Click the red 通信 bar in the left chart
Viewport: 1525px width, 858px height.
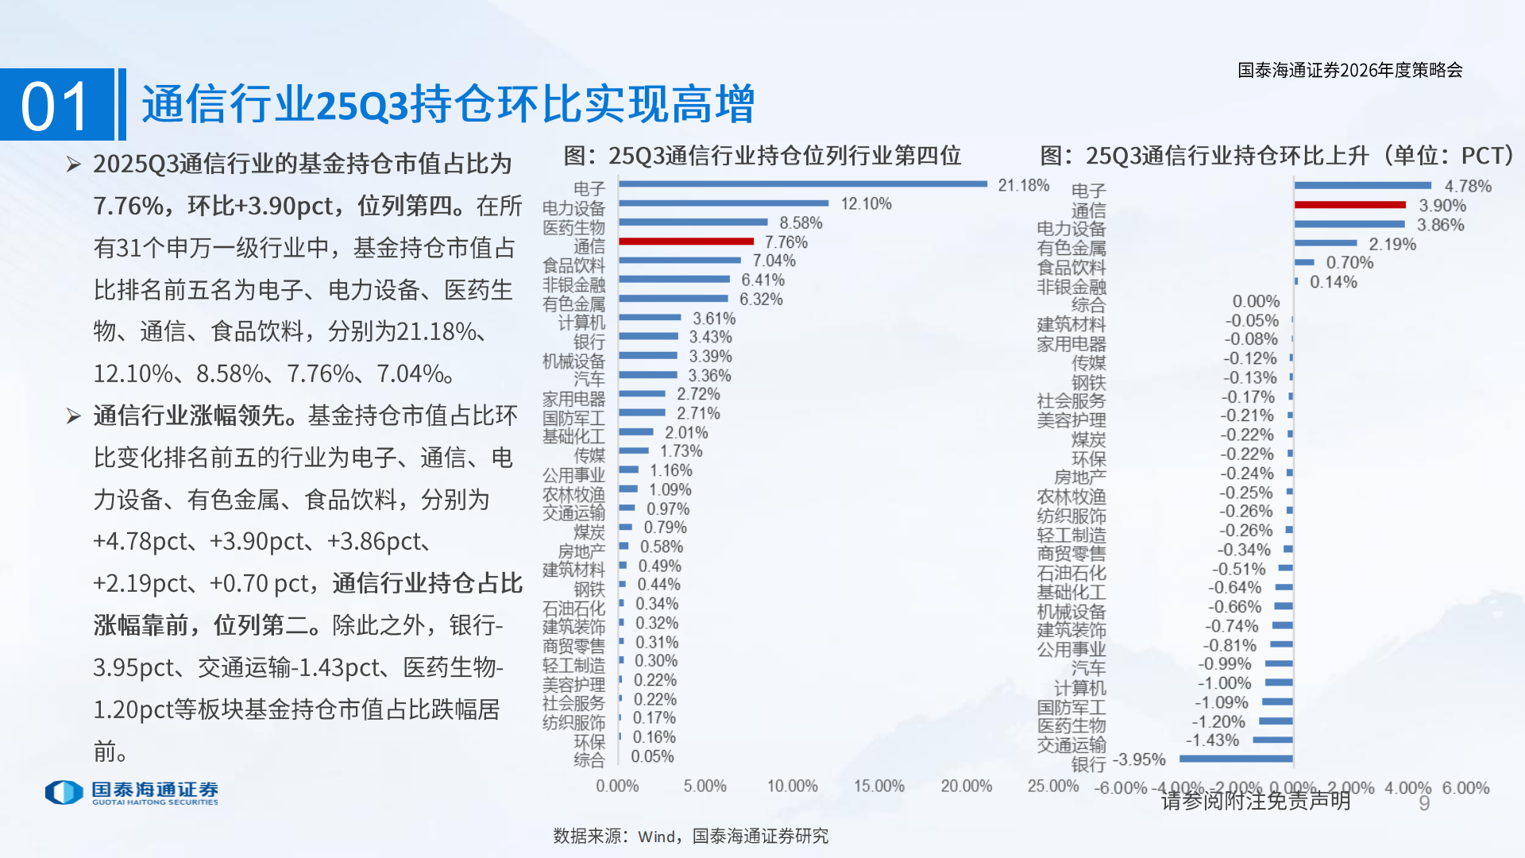(x=686, y=241)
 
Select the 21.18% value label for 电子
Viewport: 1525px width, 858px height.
(x=1023, y=185)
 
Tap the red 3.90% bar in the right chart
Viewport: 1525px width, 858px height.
(x=1349, y=205)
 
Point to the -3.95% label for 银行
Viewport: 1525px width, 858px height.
(x=1139, y=759)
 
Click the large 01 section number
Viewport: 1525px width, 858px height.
(x=56, y=106)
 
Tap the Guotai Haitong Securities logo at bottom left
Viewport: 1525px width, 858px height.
(x=132, y=792)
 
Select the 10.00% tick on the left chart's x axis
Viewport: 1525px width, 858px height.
(x=792, y=786)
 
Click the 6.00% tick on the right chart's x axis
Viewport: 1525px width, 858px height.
(x=1465, y=788)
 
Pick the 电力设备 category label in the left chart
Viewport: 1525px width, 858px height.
(x=573, y=208)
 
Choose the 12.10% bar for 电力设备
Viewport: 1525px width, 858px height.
(x=723, y=203)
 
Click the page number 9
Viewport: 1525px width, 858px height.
(x=1424, y=803)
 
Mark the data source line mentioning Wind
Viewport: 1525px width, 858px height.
(x=690, y=836)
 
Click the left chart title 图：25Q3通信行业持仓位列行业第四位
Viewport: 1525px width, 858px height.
(x=762, y=156)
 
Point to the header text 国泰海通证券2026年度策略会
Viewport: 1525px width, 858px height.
(x=1349, y=70)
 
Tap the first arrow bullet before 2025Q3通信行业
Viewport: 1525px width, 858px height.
(x=74, y=164)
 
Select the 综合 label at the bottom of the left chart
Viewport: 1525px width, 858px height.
(x=589, y=760)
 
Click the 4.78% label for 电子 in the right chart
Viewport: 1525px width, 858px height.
(x=1467, y=186)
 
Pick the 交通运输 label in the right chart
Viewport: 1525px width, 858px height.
(x=1071, y=744)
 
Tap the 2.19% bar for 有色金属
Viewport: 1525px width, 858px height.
(x=1325, y=243)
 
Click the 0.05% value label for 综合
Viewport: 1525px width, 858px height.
(x=652, y=756)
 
